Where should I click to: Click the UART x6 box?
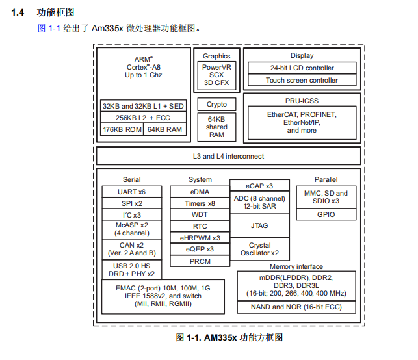[x=131, y=192]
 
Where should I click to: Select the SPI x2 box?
[x=131, y=203]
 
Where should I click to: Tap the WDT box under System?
[x=200, y=214]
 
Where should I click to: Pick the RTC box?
[x=200, y=226]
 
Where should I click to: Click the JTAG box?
[x=259, y=225]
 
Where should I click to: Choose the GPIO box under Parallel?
[x=326, y=214]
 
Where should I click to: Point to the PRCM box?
[x=200, y=261]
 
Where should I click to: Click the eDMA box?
[x=200, y=192]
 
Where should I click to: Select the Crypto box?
[x=216, y=104]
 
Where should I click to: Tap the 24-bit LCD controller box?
[x=302, y=68]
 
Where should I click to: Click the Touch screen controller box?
[x=302, y=80]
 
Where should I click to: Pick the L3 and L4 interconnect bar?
[x=228, y=156]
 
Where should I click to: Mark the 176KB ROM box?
[x=122, y=129]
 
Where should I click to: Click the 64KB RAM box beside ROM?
[x=165, y=129]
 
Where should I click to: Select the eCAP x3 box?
[x=259, y=186]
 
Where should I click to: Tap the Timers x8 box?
[x=200, y=203]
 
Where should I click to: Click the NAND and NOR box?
[x=297, y=307]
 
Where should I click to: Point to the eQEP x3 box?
[x=200, y=249]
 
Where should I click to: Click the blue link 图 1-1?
[x=49, y=29]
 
